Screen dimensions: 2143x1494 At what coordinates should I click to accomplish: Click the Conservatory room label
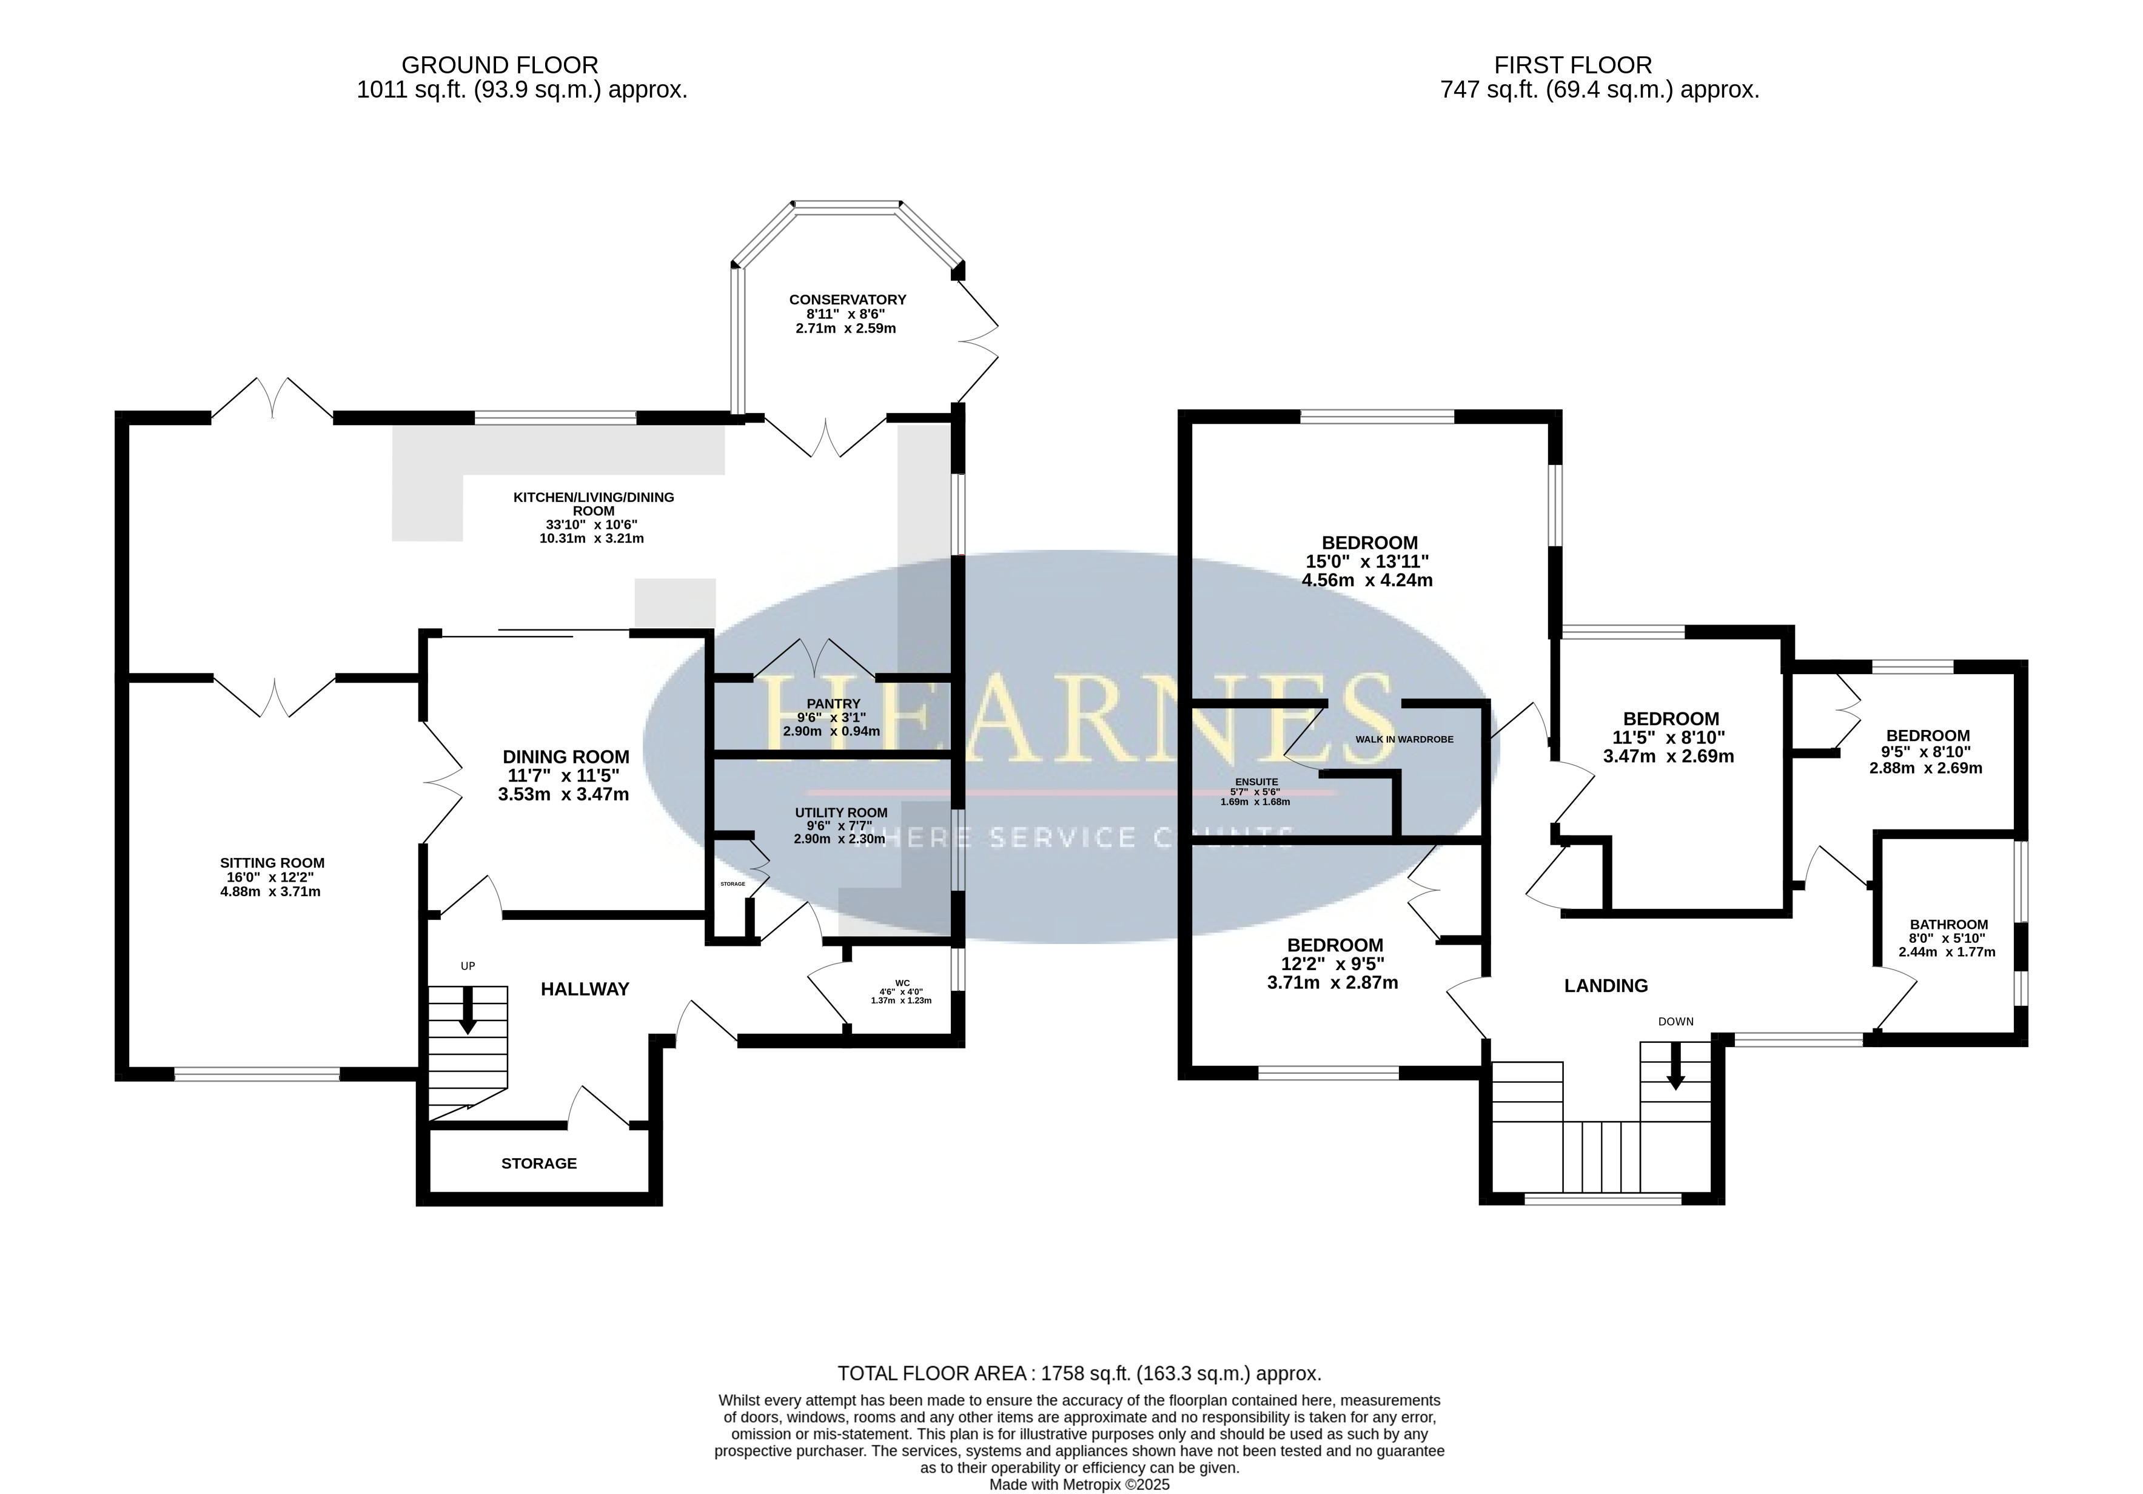point(848,300)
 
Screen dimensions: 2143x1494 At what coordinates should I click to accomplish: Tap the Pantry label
point(834,703)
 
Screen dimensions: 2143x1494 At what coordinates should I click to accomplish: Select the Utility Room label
point(841,813)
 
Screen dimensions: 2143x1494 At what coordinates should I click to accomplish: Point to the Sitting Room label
point(272,863)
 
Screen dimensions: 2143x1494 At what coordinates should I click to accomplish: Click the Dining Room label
point(566,757)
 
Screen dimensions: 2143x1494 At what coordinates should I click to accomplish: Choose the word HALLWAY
point(585,989)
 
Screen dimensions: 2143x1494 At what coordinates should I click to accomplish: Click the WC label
point(902,983)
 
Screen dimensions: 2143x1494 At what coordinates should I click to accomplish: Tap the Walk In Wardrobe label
point(1404,739)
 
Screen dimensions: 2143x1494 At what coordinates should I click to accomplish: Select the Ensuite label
point(1256,782)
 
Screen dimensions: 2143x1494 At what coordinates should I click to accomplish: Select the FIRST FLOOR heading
point(1573,65)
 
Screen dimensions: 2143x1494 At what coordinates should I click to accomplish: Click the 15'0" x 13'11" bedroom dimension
point(1367,562)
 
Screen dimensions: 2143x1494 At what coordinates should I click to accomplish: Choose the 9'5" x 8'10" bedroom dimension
point(1925,752)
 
